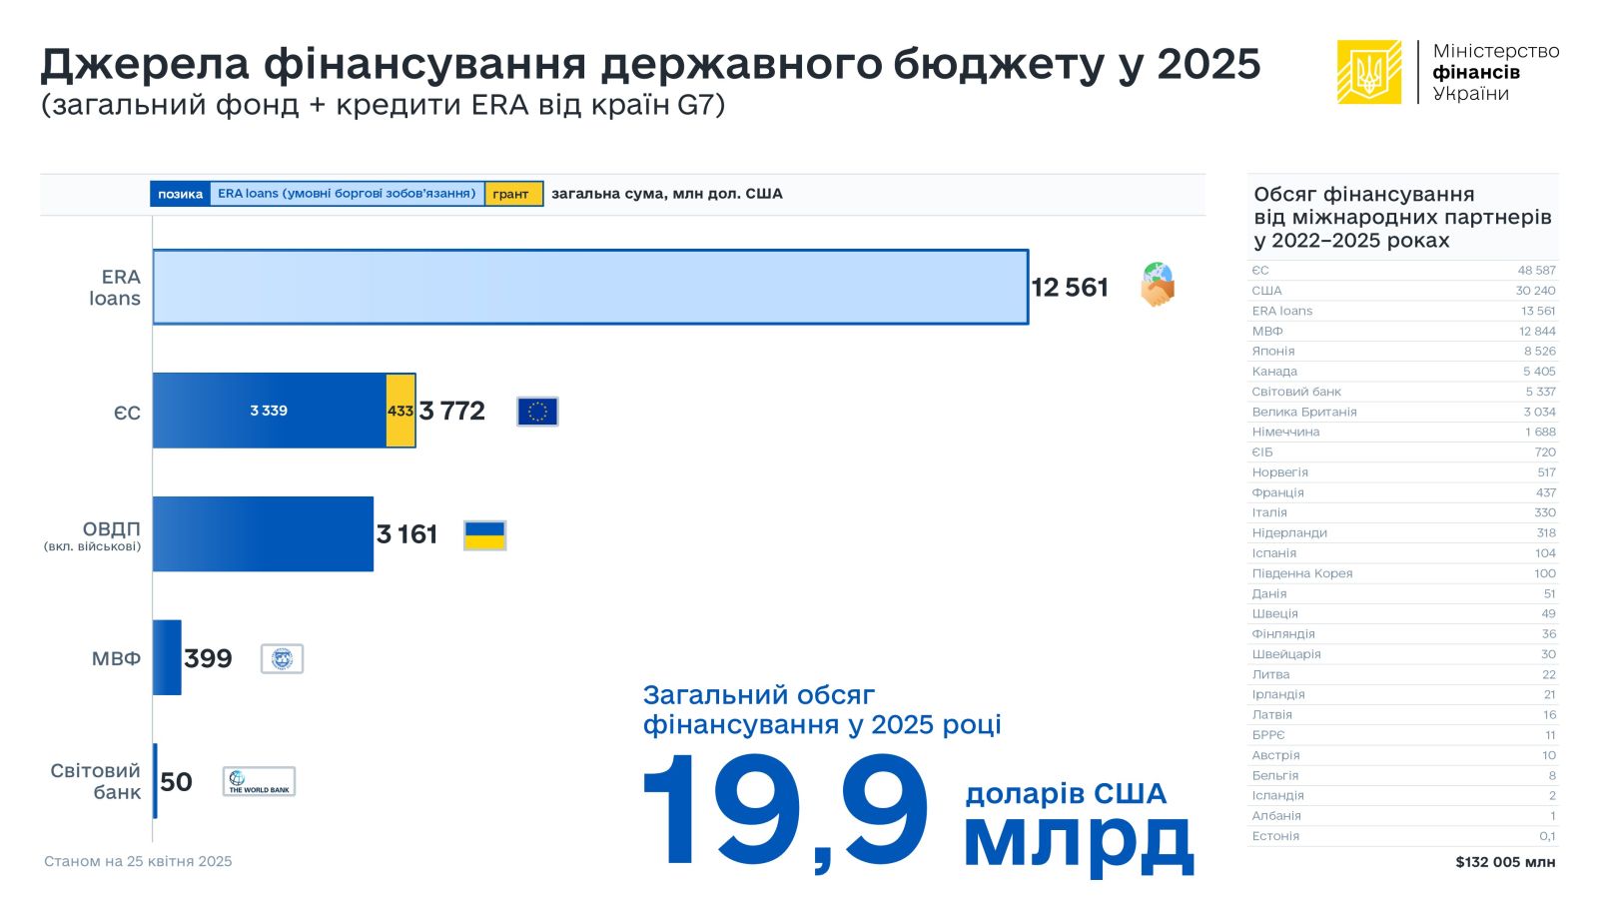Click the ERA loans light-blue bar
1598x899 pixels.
coord(589,287)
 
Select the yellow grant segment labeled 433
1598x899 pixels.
coord(400,411)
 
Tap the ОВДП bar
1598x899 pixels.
coord(263,534)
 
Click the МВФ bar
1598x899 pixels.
coord(167,657)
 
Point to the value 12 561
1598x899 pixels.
coord(1070,288)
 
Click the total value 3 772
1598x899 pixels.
coord(452,411)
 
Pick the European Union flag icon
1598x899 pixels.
coord(537,412)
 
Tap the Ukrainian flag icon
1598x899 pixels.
coord(485,535)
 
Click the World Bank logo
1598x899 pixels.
coord(259,781)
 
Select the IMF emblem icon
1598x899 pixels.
coord(282,658)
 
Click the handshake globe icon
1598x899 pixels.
coord(1158,285)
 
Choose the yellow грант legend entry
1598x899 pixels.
coord(513,194)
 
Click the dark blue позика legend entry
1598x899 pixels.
coord(180,194)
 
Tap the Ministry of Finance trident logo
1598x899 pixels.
coord(1368,72)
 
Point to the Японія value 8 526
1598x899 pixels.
coord(1539,352)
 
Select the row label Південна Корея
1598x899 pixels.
coord(1302,573)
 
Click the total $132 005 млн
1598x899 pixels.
coord(1505,862)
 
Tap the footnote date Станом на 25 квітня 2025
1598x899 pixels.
coord(138,861)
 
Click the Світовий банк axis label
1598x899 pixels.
coord(96,781)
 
